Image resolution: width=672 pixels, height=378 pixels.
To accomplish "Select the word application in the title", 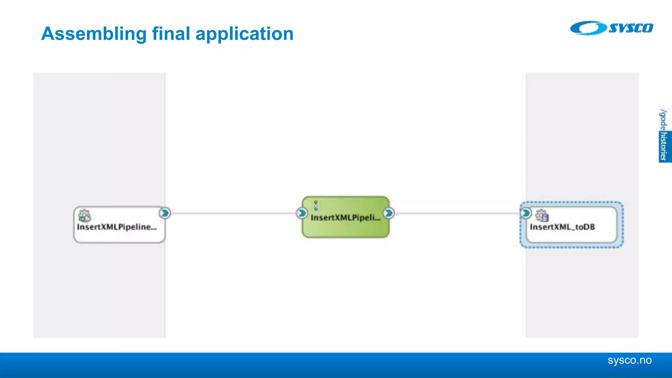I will pyautogui.click(x=244, y=34).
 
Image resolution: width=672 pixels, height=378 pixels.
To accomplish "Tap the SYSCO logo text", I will pyautogui.click(x=631, y=28).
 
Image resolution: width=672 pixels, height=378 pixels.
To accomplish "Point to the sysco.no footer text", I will pyautogui.click(x=629, y=360).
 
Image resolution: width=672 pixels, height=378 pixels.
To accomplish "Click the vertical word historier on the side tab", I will pyautogui.click(x=664, y=146).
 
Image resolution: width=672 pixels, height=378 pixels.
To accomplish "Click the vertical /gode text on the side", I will pyautogui.click(x=663, y=120).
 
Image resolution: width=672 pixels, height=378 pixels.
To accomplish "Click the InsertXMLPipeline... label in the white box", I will pyautogui.click(x=117, y=227).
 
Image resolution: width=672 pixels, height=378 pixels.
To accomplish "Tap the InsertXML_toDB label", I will pyautogui.click(x=562, y=227).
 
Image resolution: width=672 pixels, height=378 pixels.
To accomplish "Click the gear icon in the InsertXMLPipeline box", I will pyautogui.click(x=84, y=216).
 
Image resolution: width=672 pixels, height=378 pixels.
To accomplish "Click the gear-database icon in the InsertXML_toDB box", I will pyautogui.click(x=542, y=216).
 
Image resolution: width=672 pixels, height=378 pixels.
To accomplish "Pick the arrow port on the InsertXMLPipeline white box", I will pyautogui.click(x=165, y=213).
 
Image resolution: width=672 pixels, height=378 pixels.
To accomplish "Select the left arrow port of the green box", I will pyautogui.click(x=302, y=213).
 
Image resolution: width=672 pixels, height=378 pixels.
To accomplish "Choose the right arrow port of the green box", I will pyautogui.click(x=389, y=213).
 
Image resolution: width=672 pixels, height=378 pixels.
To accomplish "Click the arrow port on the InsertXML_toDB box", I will pyautogui.click(x=526, y=213).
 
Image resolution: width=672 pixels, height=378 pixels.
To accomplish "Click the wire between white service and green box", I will pyautogui.click(x=233, y=213).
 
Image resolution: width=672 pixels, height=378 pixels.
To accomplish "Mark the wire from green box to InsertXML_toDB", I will pyautogui.click(x=456, y=213).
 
